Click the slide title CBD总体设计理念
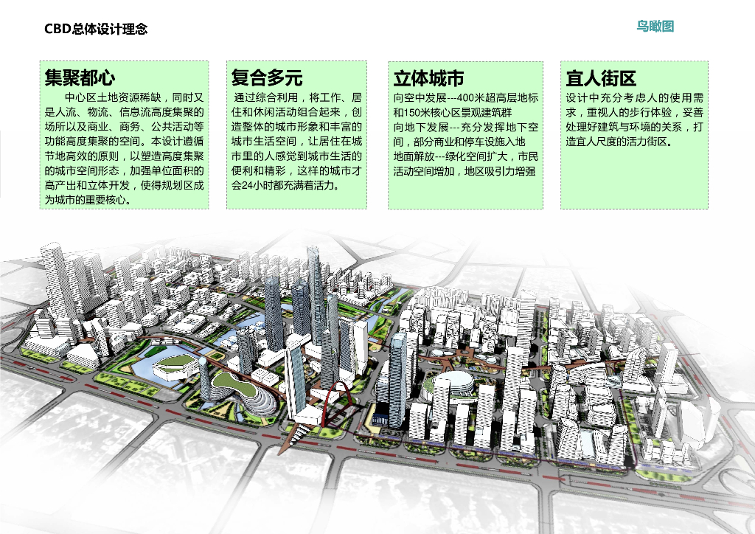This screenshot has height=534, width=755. point(96,29)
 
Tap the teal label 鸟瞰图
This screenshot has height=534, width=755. point(655,27)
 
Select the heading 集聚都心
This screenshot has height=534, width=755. point(80,77)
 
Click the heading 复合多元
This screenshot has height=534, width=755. point(267,77)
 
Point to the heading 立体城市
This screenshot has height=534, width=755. point(428,78)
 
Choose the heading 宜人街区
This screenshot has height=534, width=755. point(601,78)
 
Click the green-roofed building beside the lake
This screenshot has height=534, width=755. point(174,363)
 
